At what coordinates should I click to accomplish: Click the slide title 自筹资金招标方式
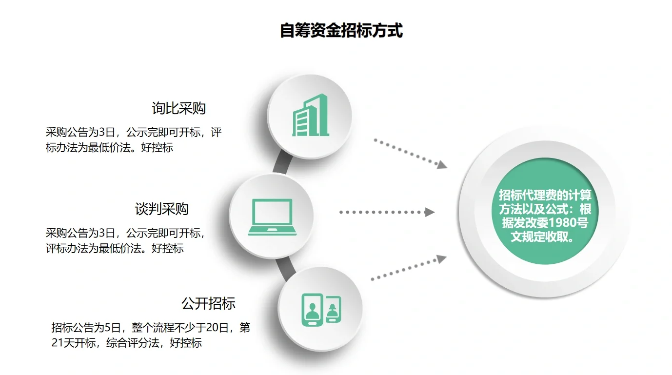coord(341,31)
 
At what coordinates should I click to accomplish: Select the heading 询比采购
coord(178,108)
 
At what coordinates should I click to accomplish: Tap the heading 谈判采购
coord(161,209)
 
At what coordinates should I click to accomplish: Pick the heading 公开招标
coord(208,303)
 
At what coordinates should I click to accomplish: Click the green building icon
coord(310,117)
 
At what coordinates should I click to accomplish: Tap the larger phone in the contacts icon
coord(312,309)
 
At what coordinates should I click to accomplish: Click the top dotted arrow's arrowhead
coord(442,165)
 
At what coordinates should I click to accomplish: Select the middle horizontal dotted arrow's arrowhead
coord(430,212)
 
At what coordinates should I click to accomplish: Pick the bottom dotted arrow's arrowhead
coord(441,259)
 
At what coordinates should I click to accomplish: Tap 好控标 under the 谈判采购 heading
coord(168,248)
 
